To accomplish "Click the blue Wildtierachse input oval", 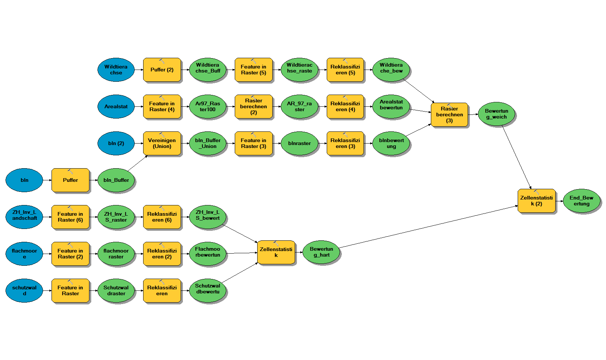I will click(x=116, y=70).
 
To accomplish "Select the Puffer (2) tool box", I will click(x=162, y=70).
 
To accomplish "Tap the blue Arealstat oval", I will click(x=116, y=106).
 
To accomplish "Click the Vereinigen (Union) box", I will click(x=162, y=143).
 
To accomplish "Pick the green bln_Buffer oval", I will click(x=116, y=180).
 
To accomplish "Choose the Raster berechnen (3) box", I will click(x=449, y=114).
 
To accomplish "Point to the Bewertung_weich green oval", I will click(x=496, y=114).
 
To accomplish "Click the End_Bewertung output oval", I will click(x=581, y=201).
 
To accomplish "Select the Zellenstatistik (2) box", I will click(x=536, y=201).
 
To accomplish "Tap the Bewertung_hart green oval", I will click(x=321, y=252).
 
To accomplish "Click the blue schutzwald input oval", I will click(x=24, y=290).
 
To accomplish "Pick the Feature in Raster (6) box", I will click(x=70, y=217).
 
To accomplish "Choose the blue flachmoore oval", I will click(x=24, y=254).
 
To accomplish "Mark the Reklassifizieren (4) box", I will click(x=345, y=106).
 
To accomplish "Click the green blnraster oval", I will click(x=300, y=143).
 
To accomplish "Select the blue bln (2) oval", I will click(x=116, y=143).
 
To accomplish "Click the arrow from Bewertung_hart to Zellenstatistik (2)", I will click(x=427, y=227).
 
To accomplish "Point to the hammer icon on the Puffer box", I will click(x=70, y=172).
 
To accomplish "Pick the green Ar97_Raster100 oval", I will click(x=208, y=106).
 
